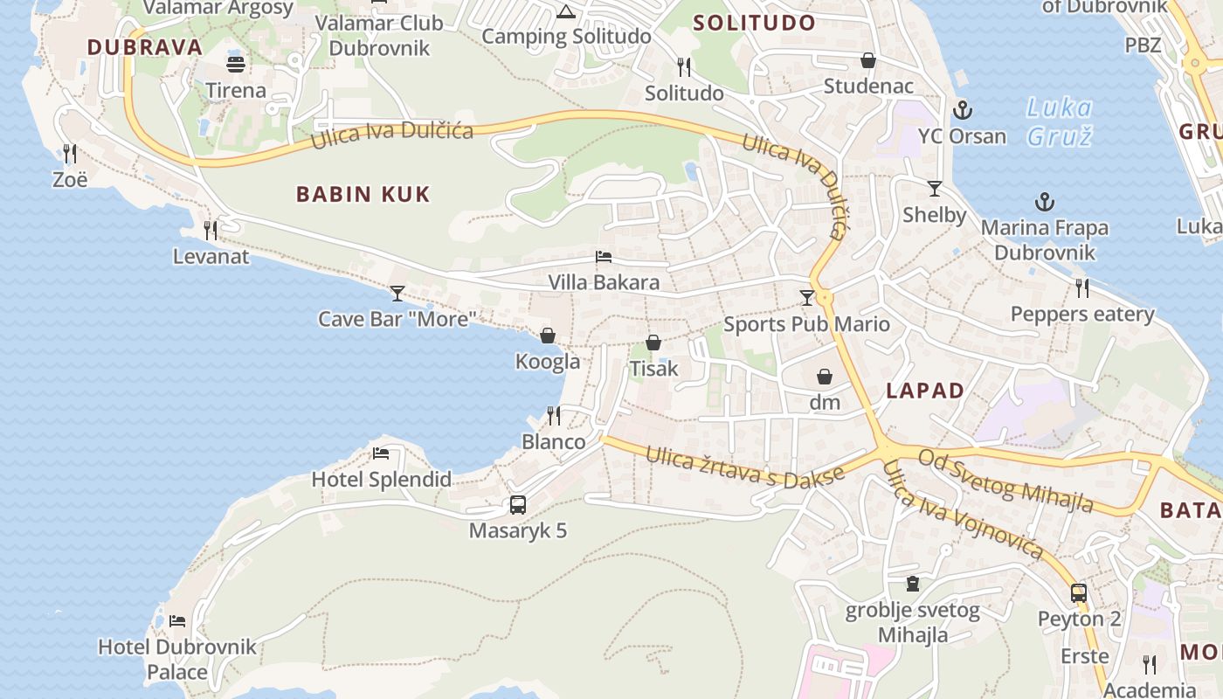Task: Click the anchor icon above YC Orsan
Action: (962, 110)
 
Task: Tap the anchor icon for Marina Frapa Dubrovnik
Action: (1044, 203)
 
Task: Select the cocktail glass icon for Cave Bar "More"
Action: (397, 293)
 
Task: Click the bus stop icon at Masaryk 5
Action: (518, 505)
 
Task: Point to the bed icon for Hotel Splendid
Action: (381, 453)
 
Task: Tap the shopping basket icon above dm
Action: (824, 377)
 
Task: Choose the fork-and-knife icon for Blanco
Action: (553, 415)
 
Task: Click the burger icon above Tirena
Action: (236, 64)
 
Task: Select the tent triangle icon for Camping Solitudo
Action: (566, 11)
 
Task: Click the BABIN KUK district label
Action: (363, 194)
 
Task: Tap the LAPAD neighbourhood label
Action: (925, 391)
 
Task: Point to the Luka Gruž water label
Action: (1059, 122)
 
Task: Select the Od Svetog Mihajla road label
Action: (1005, 481)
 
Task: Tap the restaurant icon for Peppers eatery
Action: (1082, 287)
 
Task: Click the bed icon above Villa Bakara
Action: (603, 257)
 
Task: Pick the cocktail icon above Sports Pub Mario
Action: (806, 298)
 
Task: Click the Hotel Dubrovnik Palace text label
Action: (177, 659)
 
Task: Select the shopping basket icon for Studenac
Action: (868, 60)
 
